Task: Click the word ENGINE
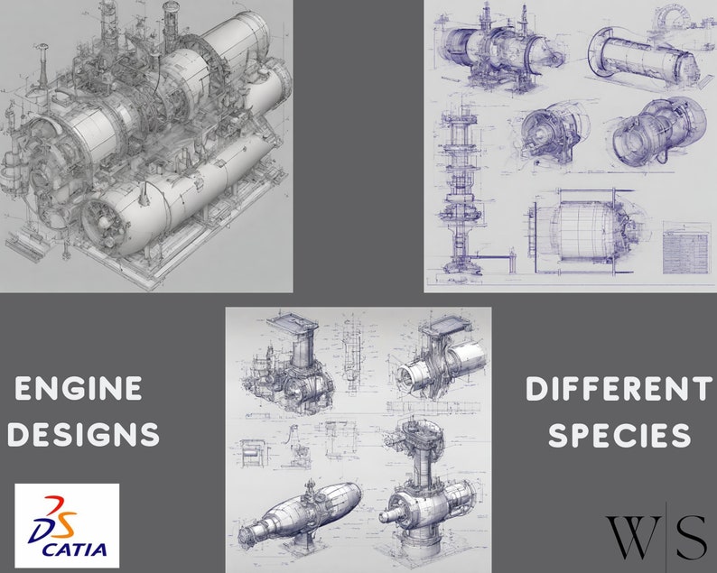click(79, 389)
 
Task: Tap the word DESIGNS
click(88, 435)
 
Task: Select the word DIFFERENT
click(619, 390)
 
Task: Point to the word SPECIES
click(619, 435)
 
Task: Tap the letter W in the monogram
click(627, 536)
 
